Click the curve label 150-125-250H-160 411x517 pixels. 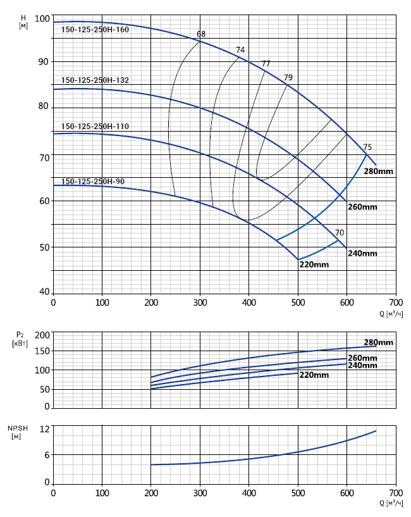95,29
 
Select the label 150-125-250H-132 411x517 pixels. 95,80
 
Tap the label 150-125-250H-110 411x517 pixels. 95,127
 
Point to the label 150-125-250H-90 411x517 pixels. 93,182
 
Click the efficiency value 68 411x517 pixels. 201,34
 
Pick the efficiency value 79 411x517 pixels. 288,77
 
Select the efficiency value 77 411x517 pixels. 266,63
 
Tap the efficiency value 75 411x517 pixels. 367,147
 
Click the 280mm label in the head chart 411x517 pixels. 379,171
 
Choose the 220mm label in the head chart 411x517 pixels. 314,265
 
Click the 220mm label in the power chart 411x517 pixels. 314,375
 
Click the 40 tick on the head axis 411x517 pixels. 44,292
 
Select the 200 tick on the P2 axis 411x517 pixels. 41,335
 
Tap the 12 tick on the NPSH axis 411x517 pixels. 44,430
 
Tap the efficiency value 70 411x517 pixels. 340,233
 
